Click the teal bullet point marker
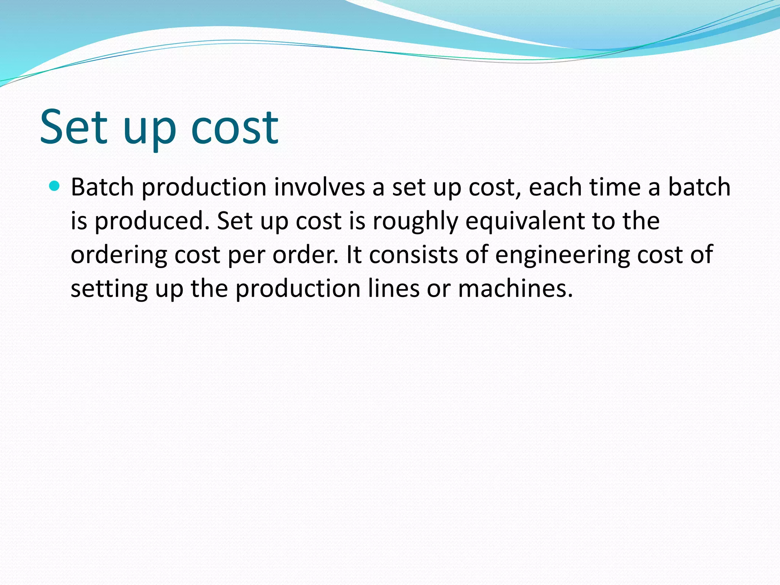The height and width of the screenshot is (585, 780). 55,186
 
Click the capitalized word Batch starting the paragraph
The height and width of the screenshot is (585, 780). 102,187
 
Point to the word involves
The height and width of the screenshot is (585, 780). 319,187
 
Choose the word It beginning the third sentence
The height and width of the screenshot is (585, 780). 354,254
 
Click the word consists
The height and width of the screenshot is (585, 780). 414,254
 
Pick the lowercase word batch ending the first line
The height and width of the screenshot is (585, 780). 699,187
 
